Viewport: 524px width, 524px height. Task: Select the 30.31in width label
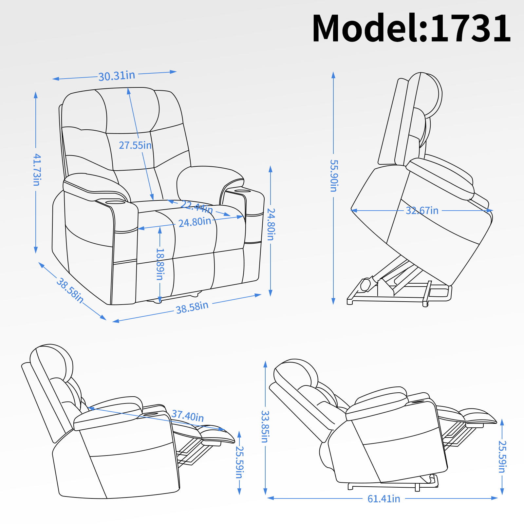tap(117, 76)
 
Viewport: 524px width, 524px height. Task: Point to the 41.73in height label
tap(36, 170)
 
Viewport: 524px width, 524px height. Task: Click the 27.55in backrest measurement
tap(135, 145)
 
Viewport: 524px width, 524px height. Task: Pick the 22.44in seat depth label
tap(196, 207)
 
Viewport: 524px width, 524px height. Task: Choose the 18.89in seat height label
tap(159, 264)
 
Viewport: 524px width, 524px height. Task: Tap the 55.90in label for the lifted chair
tap(333, 176)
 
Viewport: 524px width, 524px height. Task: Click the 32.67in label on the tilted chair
tap(422, 211)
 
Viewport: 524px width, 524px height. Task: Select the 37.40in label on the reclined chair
tap(188, 416)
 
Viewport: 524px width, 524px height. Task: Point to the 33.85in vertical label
tap(265, 426)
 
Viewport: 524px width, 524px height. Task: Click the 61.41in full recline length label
tap(384, 499)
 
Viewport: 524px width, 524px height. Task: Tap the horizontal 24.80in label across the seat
tap(195, 222)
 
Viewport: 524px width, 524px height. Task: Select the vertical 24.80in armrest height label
tap(271, 224)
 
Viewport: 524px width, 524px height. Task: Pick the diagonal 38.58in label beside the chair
tap(70, 290)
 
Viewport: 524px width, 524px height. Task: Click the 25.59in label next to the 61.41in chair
tap(502, 457)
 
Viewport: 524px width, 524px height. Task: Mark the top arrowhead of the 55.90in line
tap(333, 74)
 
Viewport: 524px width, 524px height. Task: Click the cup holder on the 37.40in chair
tap(151, 414)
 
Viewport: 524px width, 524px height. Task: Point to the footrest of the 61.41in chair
tap(480, 418)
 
